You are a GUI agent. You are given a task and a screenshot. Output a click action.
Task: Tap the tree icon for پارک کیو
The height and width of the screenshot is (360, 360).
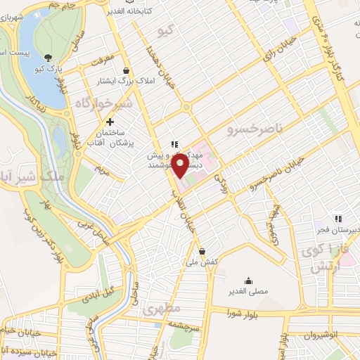(47, 58)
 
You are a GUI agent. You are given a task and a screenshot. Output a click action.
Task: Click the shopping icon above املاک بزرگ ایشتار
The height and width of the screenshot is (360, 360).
(126, 71)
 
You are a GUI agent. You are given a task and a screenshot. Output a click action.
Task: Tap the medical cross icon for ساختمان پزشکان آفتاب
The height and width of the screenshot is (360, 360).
(110, 122)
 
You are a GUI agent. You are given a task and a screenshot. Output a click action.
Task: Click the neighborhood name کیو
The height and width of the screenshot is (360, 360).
(166, 30)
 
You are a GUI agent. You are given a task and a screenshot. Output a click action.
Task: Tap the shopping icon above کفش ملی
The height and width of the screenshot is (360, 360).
(202, 251)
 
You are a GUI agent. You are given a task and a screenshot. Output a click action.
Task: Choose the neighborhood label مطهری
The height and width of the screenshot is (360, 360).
(161, 309)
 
